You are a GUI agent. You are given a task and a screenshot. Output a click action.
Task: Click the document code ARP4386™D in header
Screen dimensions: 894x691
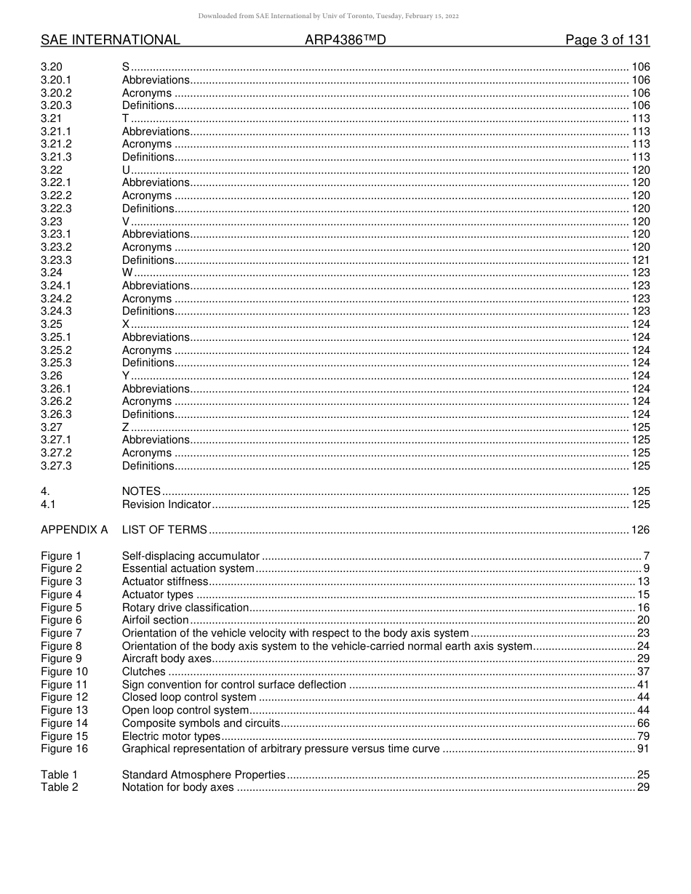[345, 41]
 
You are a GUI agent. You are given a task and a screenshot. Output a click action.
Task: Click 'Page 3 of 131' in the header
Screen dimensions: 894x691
[607, 41]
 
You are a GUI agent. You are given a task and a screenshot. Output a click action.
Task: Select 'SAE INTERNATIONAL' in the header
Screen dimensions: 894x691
[111, 41]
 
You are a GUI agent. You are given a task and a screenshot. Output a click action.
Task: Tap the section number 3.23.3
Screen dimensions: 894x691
[56, 260]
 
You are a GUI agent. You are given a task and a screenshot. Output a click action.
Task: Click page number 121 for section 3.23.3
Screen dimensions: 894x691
[641, 260]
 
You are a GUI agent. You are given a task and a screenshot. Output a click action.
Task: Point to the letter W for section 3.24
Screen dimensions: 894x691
[127, 273]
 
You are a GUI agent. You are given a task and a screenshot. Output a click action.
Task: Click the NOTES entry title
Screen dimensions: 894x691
[141, 491]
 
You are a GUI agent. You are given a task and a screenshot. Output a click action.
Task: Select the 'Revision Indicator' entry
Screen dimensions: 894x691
[166, 504]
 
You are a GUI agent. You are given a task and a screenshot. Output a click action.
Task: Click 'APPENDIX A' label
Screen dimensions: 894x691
[73, 530]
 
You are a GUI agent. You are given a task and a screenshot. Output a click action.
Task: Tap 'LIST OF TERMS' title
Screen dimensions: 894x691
[164, 530]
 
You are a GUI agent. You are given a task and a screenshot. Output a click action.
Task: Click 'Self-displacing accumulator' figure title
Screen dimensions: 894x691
[191, 556]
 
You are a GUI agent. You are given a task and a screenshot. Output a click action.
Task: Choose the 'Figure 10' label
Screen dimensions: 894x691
[64, 672]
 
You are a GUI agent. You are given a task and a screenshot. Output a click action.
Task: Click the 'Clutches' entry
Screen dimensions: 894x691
[143, 672]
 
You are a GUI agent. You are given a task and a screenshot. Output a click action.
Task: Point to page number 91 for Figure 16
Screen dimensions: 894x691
[644, 749]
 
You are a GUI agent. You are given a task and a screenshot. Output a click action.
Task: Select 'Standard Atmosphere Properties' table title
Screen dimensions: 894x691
[204, 775]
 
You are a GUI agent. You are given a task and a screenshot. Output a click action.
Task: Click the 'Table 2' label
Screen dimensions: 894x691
[59, 787]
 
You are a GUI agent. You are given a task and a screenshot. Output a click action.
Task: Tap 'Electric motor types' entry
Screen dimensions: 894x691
[171, 736]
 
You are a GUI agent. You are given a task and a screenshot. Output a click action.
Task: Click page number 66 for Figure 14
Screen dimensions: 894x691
[644, 723]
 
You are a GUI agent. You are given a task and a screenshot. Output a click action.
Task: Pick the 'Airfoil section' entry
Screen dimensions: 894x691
[155, 620]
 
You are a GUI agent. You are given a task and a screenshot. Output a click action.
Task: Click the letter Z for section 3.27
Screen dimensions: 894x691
[125, 427]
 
